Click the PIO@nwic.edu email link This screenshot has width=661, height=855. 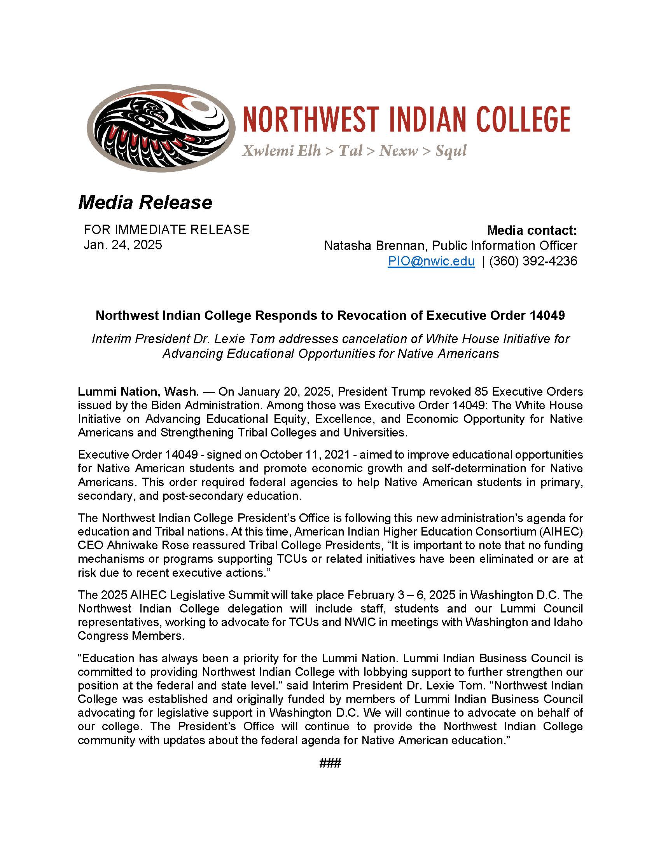(x=431, y=261)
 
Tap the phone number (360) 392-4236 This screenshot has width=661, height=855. (x=533, y=261)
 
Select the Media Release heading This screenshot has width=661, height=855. (x=145, y=202)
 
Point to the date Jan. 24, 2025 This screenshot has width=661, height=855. (x=122, y=245)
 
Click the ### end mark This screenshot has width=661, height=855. (x=330, y=763)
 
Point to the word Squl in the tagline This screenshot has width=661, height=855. (x=451, y=151)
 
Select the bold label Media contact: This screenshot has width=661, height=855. (x=532, y=230)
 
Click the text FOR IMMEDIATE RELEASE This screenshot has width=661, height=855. (x=166, y=229)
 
